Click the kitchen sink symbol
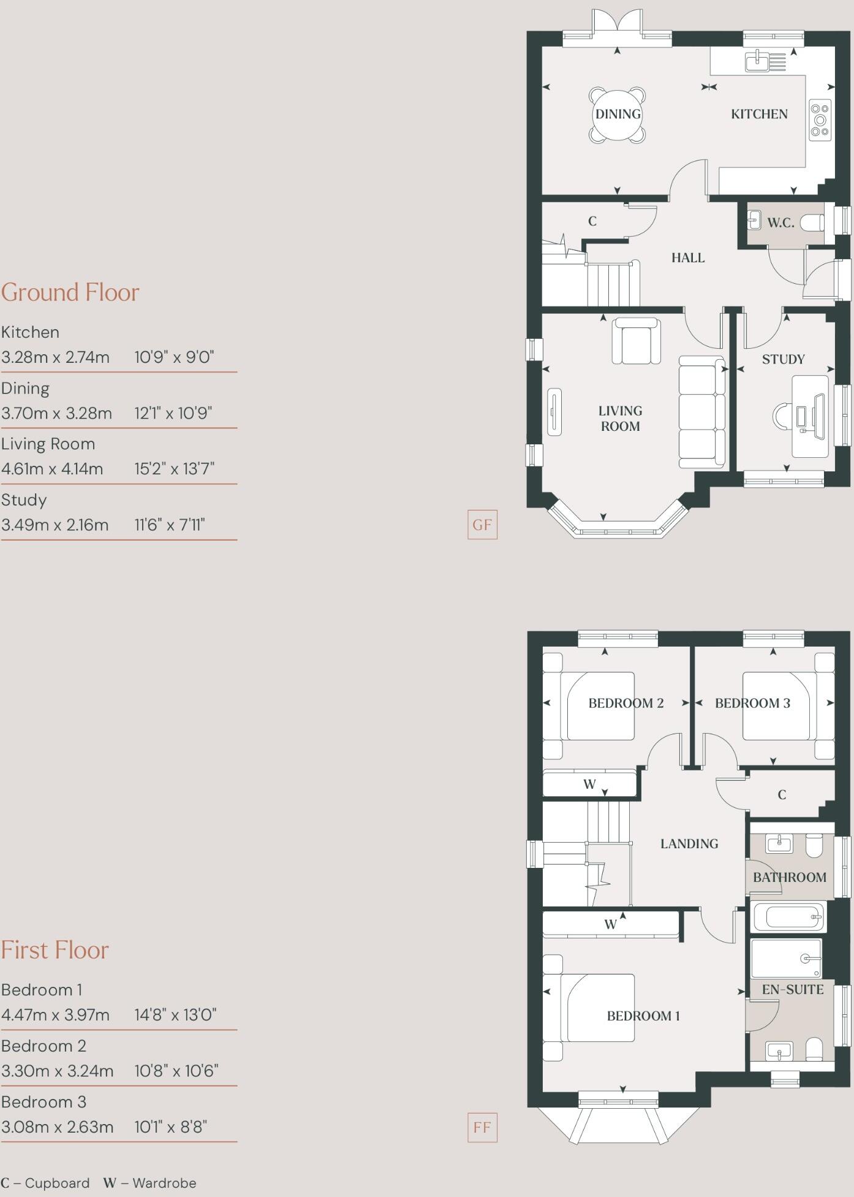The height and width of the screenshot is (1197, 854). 758,61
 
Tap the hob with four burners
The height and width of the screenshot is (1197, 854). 820,120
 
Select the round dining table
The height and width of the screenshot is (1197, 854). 618,115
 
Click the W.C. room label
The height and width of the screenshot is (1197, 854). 780,223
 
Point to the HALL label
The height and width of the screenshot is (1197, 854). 688,258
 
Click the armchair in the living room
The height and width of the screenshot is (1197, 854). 636,341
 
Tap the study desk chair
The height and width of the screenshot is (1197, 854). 782,417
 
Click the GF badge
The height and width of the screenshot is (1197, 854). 482,525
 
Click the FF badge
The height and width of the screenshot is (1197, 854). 482,1128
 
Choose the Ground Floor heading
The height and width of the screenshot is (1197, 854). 70,292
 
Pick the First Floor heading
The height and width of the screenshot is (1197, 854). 55,950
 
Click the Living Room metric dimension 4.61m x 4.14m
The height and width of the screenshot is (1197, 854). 52,469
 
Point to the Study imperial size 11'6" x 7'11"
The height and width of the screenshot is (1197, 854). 170,525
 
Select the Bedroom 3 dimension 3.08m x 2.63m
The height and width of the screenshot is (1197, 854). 57,1127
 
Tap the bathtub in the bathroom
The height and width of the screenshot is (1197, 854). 788,918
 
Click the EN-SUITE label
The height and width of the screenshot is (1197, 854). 793,989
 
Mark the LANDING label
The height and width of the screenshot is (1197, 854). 689,844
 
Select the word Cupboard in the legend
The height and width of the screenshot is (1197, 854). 57,1183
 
